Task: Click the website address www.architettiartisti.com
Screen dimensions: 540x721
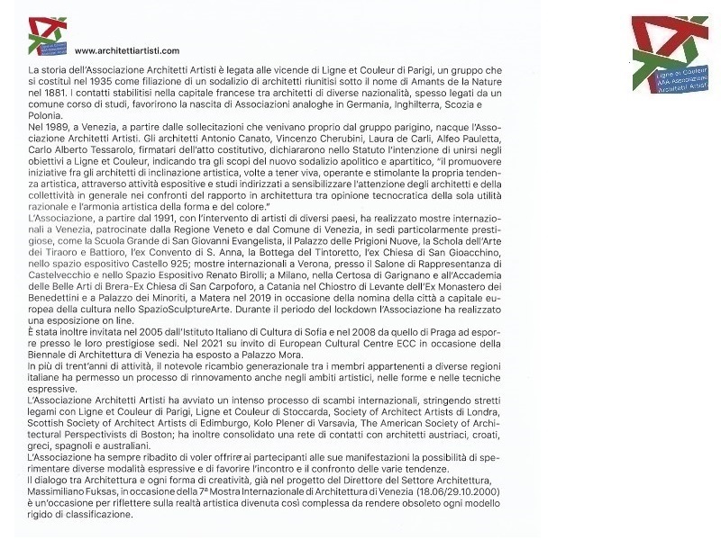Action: coord(127,50)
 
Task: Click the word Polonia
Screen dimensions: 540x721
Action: coord(45,116)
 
